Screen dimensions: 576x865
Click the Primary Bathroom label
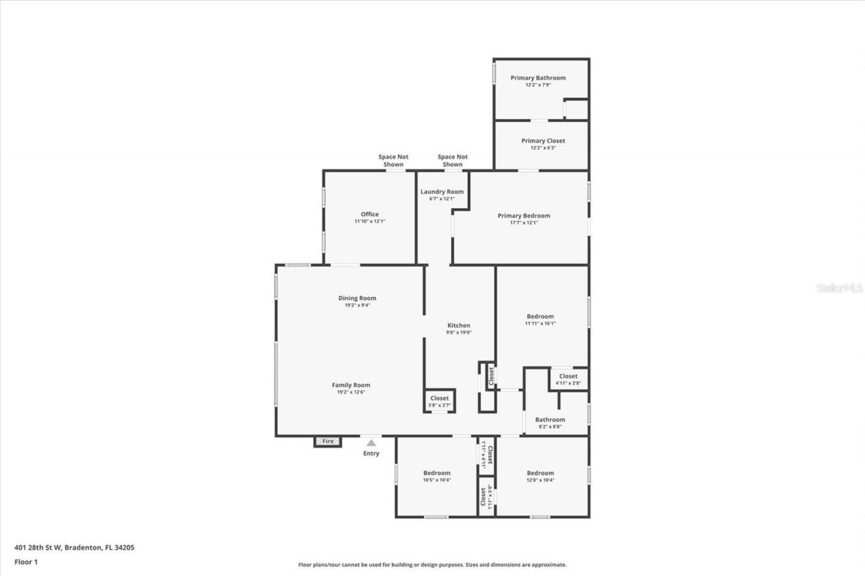pos(538,78)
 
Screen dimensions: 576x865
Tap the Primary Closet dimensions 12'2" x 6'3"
pos(543,148)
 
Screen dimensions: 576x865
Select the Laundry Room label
pos(442,192)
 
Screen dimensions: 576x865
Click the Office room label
pos(370,215)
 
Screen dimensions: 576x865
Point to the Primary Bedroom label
pos(524,216)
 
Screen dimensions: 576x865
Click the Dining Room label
pos(357,298)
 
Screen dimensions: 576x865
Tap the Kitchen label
pos(459,325)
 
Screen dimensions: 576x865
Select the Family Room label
pos(351,385)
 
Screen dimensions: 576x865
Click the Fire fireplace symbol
pos(328,442)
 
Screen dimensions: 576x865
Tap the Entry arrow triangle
pos(371,443)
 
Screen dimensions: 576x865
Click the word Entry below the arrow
pos(371,454)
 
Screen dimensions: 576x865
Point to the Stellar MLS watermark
pos(839,288)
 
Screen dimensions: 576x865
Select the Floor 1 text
pos(26,561)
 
